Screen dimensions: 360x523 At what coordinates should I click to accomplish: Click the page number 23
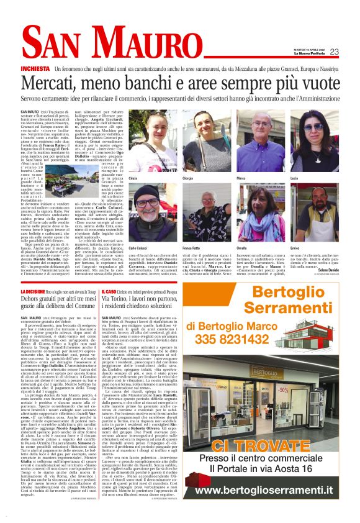tap(334, 52)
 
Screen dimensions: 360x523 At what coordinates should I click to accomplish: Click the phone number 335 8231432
tap(275, 338)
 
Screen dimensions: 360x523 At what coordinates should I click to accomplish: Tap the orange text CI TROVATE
tap(275, 445)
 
